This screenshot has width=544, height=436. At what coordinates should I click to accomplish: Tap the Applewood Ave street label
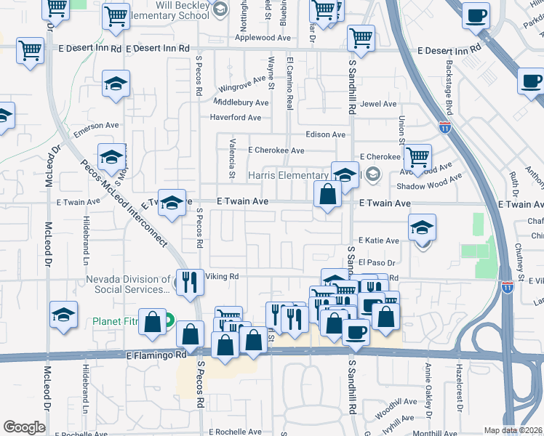click(263, 38)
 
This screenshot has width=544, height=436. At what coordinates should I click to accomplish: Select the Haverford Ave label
click(235, 118)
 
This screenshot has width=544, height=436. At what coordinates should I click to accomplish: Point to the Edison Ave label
click(325, 134)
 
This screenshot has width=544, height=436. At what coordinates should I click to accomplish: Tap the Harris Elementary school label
click(289, 176)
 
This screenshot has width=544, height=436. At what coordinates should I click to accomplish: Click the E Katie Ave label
click(378, 241)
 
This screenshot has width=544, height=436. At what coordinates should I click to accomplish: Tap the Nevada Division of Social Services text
click(128, 284)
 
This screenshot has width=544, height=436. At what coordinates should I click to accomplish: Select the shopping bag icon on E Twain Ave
click(328, 195)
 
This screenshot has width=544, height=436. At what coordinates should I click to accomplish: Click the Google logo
click(24, 427)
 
